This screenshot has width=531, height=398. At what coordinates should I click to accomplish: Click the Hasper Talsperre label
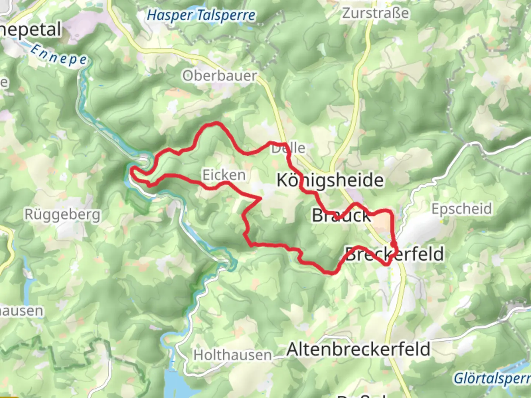201,15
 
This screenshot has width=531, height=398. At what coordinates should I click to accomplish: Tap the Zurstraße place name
375,13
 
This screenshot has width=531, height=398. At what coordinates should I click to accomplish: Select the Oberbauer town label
220,76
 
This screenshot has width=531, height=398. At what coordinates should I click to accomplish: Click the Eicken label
224,175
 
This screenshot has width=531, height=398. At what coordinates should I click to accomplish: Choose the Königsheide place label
330,180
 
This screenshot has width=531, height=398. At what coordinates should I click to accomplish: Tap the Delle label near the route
288,148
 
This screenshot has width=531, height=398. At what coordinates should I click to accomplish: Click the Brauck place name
341,216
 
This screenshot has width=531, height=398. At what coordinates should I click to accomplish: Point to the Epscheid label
462,209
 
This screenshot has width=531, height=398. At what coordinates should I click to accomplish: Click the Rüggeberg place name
62,214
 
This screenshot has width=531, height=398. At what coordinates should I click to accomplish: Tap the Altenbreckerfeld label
358,349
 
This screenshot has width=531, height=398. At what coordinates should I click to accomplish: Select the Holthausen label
233,355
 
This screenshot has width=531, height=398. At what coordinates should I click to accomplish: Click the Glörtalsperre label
492,378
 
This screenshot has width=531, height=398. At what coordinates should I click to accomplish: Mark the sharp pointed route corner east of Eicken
261,199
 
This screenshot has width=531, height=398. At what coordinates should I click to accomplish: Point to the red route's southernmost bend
330,273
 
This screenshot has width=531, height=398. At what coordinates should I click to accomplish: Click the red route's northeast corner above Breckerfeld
390,211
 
